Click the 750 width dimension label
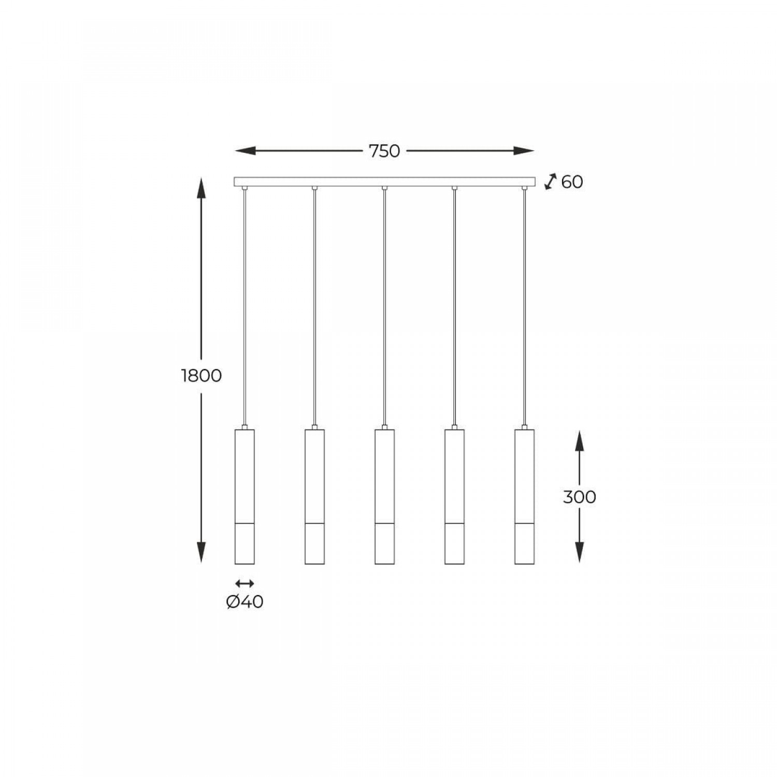pos(384,151)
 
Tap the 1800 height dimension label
pos(202,376)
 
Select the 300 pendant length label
pos(579,497)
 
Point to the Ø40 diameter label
pos(244,602)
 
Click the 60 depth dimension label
pos(572,182)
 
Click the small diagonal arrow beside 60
pos(550,182)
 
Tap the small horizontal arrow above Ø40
pos(244,584)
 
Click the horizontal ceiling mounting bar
pos(384,182)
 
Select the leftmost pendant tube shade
pos(244,496)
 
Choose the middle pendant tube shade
pos(384,496)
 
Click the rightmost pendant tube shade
pos(524,496)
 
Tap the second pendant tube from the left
pos(314,496)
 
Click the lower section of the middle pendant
pos(384,544)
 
